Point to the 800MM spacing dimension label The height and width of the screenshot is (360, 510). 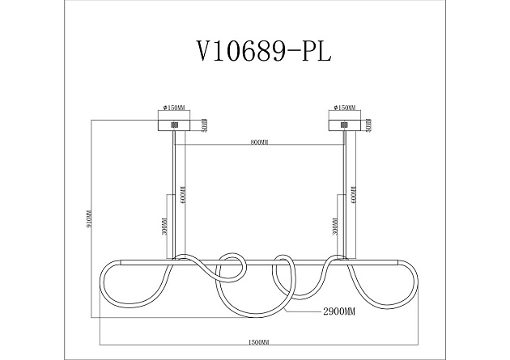[259, 142]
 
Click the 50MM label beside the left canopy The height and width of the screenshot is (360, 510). [206, 125]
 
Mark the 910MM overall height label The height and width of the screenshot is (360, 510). [90, 219]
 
